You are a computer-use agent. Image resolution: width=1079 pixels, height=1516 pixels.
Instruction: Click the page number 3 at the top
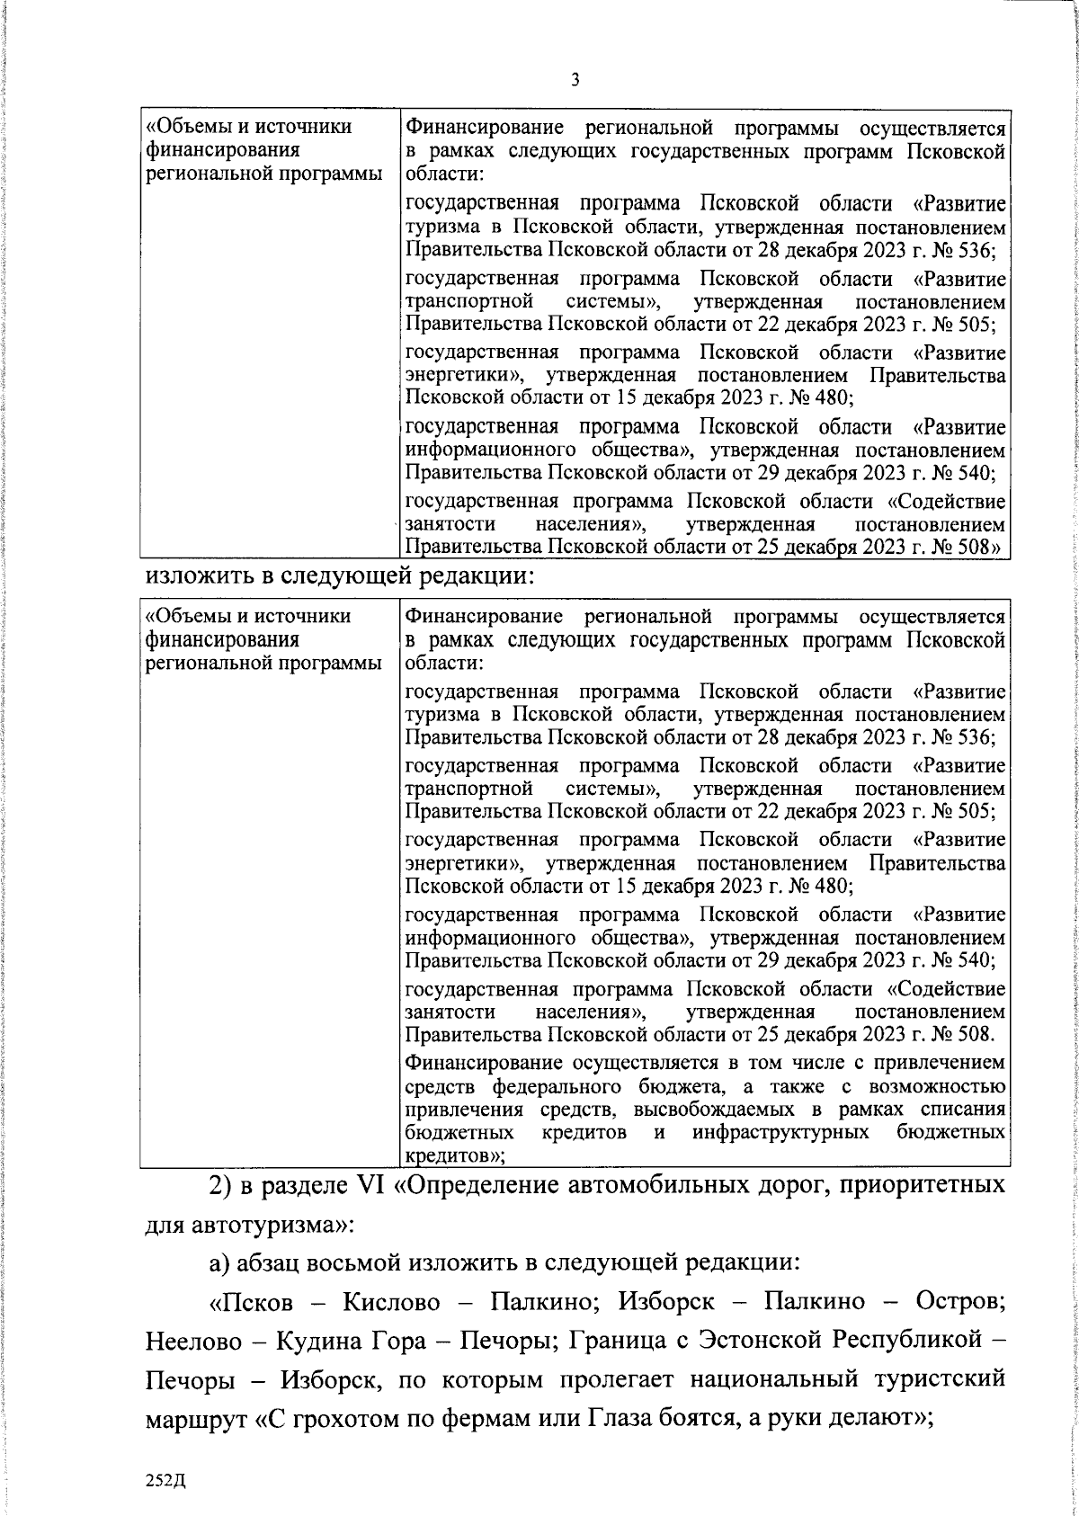575,80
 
